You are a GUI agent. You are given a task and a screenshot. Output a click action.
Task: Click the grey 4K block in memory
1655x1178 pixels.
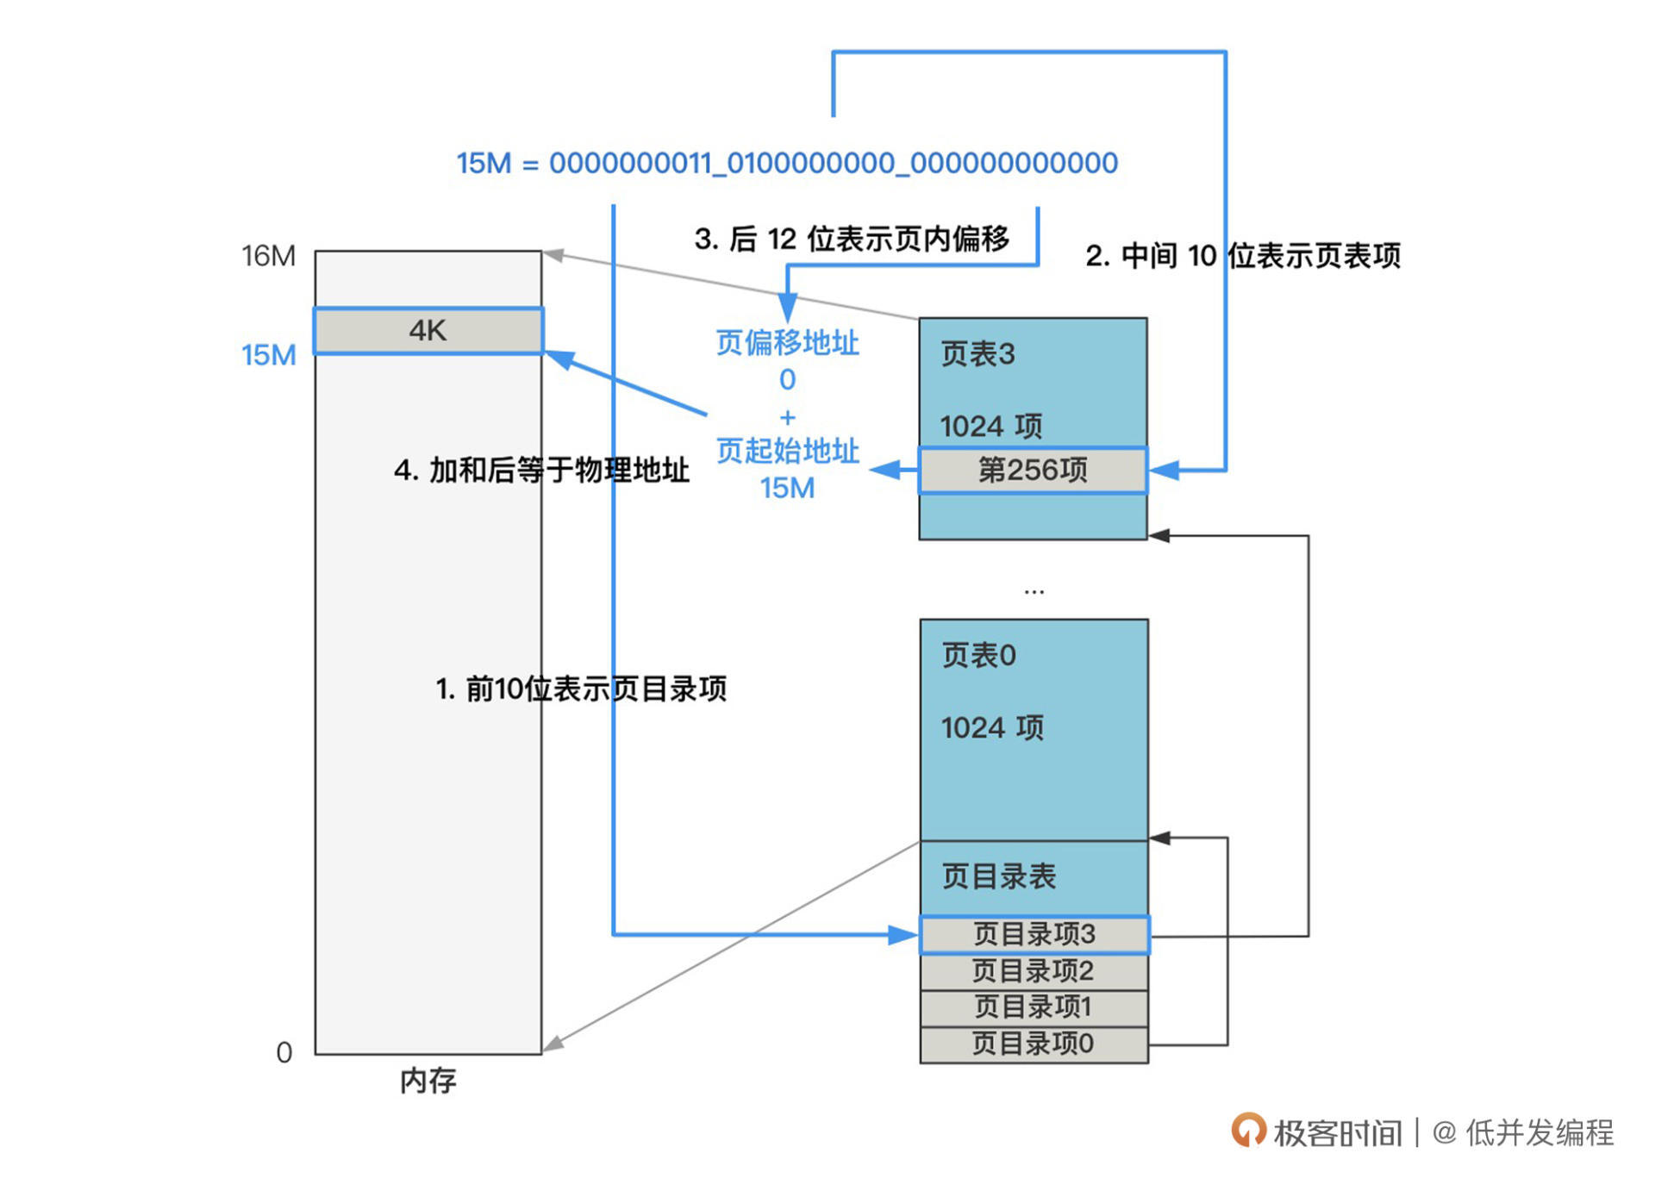pyautogui.click(x=428, y=331)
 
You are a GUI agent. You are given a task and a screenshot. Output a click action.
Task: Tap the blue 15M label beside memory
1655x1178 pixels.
pyautogui.click(x=269, y=355)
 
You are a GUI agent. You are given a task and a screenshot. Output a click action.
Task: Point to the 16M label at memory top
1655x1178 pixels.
pyautogui.click(x=268, y=256)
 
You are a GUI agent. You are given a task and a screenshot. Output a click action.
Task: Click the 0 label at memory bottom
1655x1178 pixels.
pyautogui.click(x=284, y=1052)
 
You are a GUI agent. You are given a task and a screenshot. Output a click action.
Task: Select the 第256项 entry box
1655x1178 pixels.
pyautogui.click(x=1033, y=471)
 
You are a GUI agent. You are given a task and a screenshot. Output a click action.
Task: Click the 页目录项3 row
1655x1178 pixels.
pyautogui.click(x=1034, y=934)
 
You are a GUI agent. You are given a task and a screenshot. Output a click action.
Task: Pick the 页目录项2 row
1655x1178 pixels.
pyautogui.click(x=1034, y=971)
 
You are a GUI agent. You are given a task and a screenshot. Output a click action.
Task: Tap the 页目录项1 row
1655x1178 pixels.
pyautogui.click(x=1034, y=1007)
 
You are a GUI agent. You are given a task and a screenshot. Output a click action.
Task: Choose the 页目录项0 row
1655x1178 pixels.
pyautogui.click(x=1034, y=1044)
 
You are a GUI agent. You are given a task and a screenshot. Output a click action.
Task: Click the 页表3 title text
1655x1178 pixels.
pyautogui.click(x=978, y=354)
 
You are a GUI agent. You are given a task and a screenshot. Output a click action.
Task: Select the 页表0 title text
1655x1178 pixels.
pyautogui.click(x=979, y=656)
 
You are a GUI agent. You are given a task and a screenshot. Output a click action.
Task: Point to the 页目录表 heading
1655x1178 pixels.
pyautogui.click(x=999, y=877)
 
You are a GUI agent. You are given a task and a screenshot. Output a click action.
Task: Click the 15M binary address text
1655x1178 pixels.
pyautogui.click(x=787, y=163)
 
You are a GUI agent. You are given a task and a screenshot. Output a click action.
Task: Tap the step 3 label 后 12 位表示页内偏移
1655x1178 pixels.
pyautogui.click(x=852, y=239)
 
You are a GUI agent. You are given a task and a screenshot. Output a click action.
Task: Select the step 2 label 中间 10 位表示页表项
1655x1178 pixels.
pyautogui.click(x=1243, y=256)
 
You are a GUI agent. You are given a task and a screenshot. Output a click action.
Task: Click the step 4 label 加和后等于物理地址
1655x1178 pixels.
pyautogui.click(x=541, y=471)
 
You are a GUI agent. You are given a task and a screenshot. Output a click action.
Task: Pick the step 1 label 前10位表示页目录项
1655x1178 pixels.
pyautogui.click(x=581, y=689)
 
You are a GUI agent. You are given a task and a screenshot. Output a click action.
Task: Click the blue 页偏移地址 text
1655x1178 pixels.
pyautogui.click(x=787, y=343)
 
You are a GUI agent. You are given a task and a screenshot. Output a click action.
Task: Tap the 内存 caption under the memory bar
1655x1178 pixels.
pyautogui.click(x=428, y=1081)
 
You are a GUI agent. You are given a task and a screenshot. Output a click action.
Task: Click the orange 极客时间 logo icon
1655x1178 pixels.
pyautogui.click(x=1248, y=1130)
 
